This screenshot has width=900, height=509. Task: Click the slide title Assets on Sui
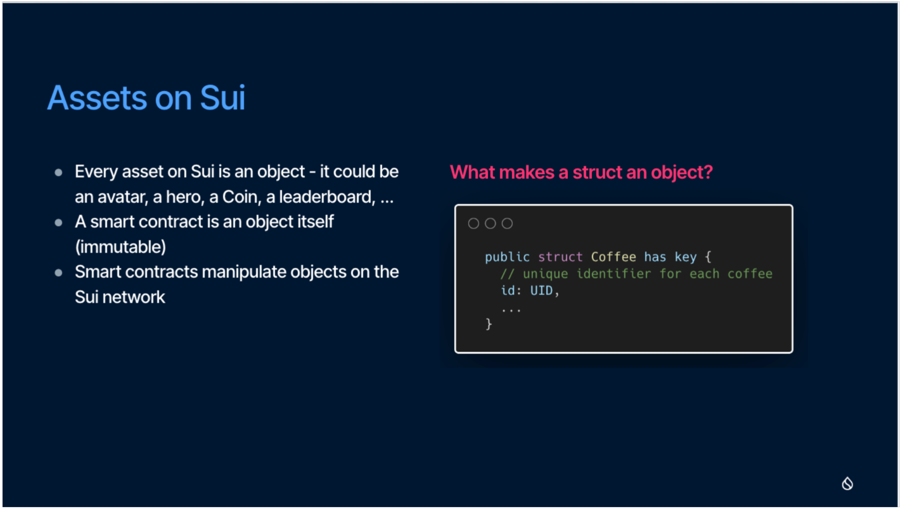pyautogui.click(x=146, y=98)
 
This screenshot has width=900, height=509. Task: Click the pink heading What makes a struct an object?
pyautogui.click(x=581, y=173)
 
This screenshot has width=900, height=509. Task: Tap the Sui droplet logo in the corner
pyautogui.click(x=847, y=483)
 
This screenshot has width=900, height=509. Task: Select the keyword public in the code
pyautogui.click(x=507, y=257)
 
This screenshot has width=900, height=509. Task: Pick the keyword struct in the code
pyautogui.click(x=560, y=257)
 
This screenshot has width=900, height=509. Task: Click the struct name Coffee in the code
pyautogui.click(x=613, y=257)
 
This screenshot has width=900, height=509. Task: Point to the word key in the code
pyautogui.click(x=685, y=258)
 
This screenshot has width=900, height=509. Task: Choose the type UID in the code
pyautogui.click(x=541, y=291)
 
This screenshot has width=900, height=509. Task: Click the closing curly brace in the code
pyautogui.click(x=489, y=324)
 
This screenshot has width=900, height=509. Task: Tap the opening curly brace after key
pyautogui.click(x=708, y=257)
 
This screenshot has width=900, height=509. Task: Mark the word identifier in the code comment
pyautogui.click(x=614, y=274)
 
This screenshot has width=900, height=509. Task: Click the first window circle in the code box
pyautogui.click(x=473, y=224)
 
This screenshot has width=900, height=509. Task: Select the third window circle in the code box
pyautogui.click(x=507, y=224)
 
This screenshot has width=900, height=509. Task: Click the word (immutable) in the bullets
pyautogui.click(x=121, y=247)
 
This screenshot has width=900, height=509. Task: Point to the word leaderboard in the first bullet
pyautogui.click(x=327, y=197)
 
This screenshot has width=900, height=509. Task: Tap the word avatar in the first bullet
pyautogui.click(x=123, y=198)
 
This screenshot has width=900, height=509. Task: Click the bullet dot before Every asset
pyautogui.click(x=58, y=172)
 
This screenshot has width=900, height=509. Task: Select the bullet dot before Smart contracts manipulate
pyautogui.click(x=58, y=272)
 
